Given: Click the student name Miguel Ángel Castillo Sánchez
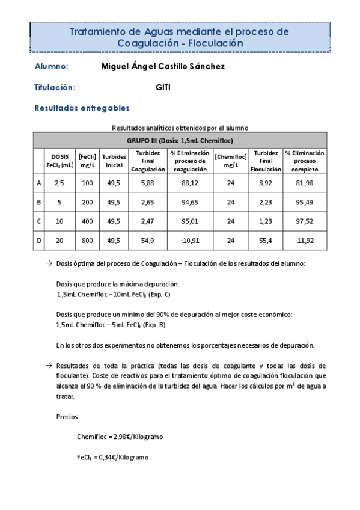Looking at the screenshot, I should click(164, 66).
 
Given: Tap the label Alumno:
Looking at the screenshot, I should click(52, 66).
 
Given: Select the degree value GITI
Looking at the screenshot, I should click(163, 87).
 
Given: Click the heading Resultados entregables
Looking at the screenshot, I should click(82, 108).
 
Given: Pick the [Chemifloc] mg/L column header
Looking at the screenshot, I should click(231, 161).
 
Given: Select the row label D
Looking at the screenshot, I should click(39, 241).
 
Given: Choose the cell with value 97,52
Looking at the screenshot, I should click(305, 221).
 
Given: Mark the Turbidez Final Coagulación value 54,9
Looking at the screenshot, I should click(148, 241).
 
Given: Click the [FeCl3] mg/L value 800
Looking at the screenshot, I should click(87, 241).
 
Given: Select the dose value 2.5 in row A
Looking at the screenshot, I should click(59, 183).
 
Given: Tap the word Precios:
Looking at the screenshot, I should click(68, 416).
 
